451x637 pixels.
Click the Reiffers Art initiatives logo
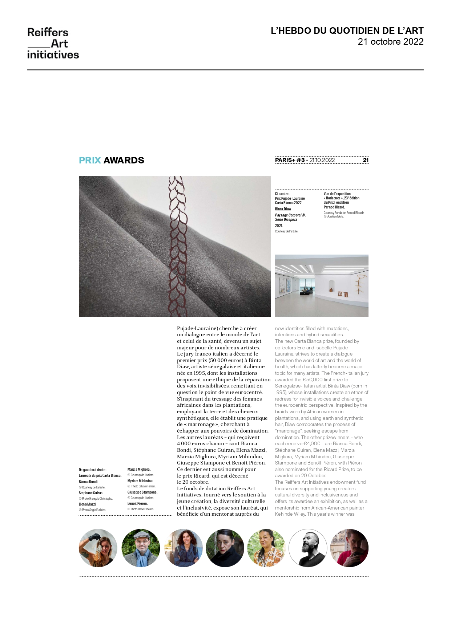pyautogui.click(x=53, y=43)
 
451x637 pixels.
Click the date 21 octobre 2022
pyautogui.click(x=390, y=42)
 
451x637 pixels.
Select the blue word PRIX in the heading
pyautogui.click(x=90, y=161)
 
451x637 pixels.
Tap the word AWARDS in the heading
pyautogui.click(x=124, y=161)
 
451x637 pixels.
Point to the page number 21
pyautogui.click(x=366, y=160)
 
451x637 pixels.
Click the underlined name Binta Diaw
pyautogui.click(x=283, y=209)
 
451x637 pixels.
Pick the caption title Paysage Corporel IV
pyautogui.click(x=290, y=215)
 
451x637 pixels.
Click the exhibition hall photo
pyautogui.click(x=322, y=285)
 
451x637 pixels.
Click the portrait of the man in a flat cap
pyautogui.click(x=141, y=548)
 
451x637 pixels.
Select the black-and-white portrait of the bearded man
pyautogui.click(x=308, y=548)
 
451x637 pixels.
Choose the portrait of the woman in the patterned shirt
pyautogui.click(x=266, y=548)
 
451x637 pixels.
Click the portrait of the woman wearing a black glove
pyautogui.click(x=98, y=548)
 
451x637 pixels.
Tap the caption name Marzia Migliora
pyautogui.click(x=139, y=470)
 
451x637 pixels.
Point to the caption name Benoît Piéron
pyautogui.click(x=137, y=504)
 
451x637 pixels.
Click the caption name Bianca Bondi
pyautogui.click(x=88, y=482)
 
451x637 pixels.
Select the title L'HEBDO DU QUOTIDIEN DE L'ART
pyautogui.click(x=347, y=31)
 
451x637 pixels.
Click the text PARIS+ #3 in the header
pyautogui.click(x=290, y=160)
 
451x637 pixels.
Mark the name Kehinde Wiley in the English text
pyautogui.click(x=290, y=514)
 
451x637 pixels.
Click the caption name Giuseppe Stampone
pyautogui.click(x=142, y=492)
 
